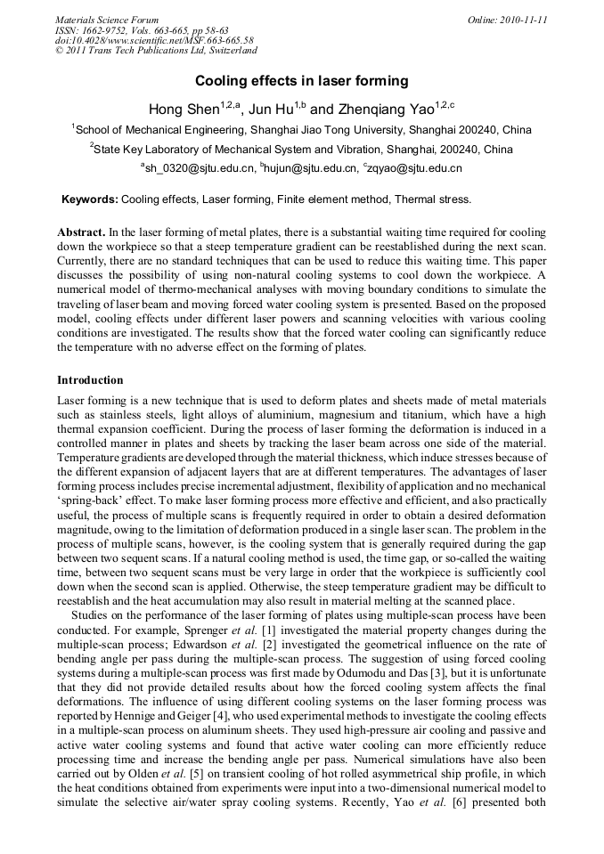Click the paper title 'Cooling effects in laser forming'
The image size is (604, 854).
[x=301, y=81]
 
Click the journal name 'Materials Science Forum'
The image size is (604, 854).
[x=107, y=20]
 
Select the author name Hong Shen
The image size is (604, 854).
[x=181, y=110]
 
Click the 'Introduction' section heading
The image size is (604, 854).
[x=90, y=380]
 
